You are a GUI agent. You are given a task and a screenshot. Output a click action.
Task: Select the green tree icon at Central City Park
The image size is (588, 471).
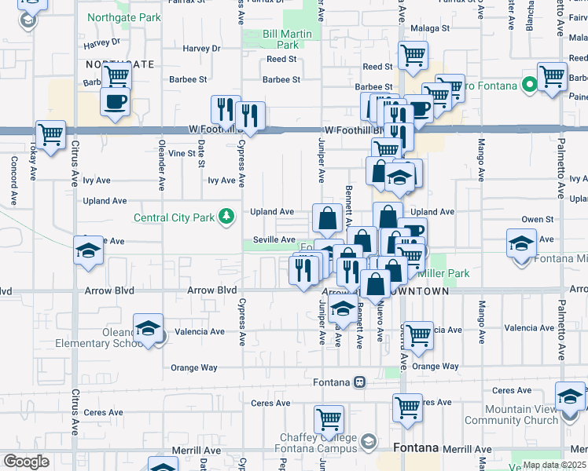click(x=227, y=215)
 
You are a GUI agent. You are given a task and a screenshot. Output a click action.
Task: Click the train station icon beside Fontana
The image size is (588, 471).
click(x=358, y=382)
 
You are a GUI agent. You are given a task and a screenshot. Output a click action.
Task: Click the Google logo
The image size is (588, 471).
click(x=26, y=462)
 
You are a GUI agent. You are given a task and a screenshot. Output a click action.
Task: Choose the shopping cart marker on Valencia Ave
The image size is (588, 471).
click(x=418, y=334)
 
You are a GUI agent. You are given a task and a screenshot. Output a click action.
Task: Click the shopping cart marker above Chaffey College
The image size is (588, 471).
click(x=329, y=418)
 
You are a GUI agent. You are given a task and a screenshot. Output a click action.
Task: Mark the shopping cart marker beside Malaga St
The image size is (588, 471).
click(x=413, y=56)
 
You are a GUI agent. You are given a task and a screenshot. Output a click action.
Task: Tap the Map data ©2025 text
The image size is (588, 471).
click(x=554, y=465)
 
